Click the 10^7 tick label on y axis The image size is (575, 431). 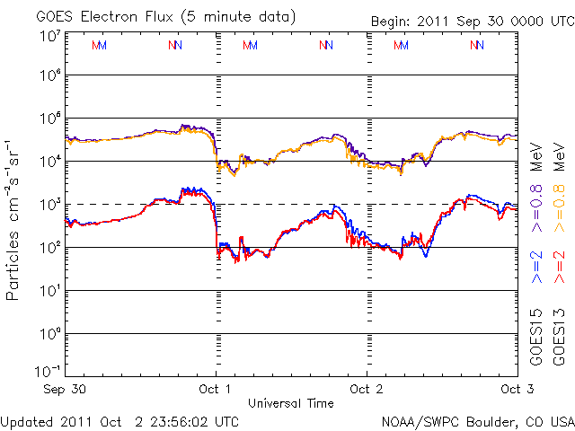pyautogui.click(x=49, y=36)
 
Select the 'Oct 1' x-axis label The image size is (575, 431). pyautogui.click(x=216, y=389)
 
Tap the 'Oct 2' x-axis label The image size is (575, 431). pyautogui.click(x=366, y=389)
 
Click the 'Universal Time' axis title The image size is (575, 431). pyautogui.click(x=290, y=403)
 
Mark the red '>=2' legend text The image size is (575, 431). pyautogui.click(x=559, y=268)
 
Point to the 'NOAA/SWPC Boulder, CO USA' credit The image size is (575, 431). pyautogui.click(x=478, y=420)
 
